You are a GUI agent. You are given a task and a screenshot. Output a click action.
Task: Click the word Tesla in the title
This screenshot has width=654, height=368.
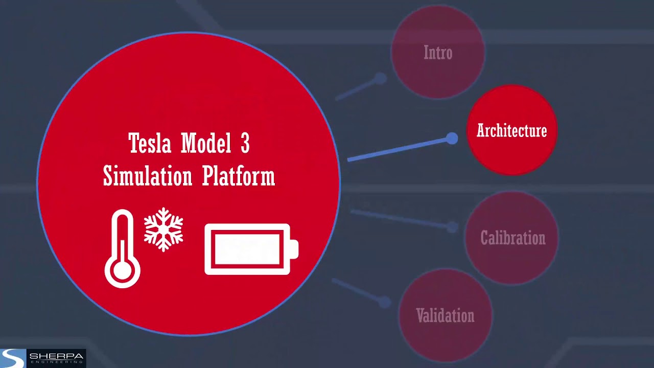click(150, 144)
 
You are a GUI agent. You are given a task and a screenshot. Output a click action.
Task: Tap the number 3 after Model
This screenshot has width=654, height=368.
click(244, 144)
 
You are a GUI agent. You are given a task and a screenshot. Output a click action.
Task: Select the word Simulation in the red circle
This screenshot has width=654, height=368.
click(148, 176)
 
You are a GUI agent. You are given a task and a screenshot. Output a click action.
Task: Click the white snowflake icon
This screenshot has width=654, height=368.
click(163, 229)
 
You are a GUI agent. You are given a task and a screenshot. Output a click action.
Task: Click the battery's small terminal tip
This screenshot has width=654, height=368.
click(295, 250)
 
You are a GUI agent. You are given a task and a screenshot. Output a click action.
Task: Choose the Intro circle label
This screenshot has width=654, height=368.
click(438, 53)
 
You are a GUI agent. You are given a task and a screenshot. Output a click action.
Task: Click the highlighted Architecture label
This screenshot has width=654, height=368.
click(511, 131)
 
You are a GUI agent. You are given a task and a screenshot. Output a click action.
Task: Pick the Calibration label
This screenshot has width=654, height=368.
click(512, 238)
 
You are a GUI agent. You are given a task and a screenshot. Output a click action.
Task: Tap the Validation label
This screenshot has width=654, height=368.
click(445, 316)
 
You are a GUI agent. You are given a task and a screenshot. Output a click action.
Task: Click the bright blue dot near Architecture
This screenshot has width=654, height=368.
click(452, 139)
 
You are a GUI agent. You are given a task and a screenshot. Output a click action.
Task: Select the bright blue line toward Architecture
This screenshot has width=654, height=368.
click(399, 149)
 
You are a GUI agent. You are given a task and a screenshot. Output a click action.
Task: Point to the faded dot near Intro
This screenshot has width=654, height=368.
click(380, 79)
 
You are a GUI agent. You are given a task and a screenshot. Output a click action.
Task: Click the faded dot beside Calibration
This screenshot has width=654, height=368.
click(452, 227)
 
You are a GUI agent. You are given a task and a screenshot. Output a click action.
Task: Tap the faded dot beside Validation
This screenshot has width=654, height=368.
click(384, 303)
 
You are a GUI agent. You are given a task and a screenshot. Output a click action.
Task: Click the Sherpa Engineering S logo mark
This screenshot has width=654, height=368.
click(12, 358)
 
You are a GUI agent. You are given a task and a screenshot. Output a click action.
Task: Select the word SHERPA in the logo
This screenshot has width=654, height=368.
click(56, 356)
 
